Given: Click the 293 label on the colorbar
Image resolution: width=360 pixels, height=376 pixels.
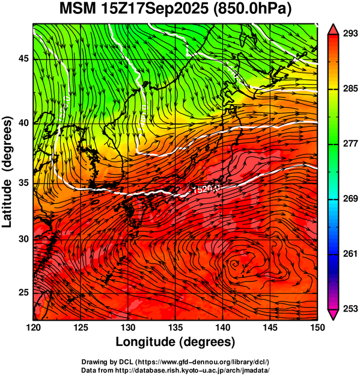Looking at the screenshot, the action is (350, 34).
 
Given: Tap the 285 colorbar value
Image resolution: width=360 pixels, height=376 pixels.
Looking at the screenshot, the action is (350, 88).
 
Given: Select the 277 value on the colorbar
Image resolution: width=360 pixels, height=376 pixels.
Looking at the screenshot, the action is (350, 144).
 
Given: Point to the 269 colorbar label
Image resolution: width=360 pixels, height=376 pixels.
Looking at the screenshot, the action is (350, 199).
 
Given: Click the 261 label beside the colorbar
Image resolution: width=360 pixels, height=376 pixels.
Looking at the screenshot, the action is (350, 253).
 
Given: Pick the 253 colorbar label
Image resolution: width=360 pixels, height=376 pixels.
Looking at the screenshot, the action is (350, 309).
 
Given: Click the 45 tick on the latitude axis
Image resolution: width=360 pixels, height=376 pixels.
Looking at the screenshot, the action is (23, 58).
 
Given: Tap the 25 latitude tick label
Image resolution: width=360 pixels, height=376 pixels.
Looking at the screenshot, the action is (23, 292).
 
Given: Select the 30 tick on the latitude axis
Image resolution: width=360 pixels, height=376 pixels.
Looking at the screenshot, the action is (23, 239).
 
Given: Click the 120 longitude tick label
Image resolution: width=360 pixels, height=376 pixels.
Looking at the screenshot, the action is (33, 327).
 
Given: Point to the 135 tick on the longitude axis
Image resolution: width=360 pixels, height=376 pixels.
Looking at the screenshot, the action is (175, 327).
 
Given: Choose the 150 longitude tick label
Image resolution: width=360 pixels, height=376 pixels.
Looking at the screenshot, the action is (317, 327).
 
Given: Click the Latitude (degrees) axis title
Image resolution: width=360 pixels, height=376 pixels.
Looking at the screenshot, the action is (7, 172).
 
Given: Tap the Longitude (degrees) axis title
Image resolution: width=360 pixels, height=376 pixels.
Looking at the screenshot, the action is (175, 342).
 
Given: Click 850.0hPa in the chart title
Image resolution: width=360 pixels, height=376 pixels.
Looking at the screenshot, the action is (252, 9).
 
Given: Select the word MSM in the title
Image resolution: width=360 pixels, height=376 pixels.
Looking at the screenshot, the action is (77, 9).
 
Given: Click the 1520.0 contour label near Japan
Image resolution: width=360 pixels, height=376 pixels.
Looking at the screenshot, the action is (207, 189).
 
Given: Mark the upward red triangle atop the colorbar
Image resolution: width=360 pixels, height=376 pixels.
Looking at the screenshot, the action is (333, 29).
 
